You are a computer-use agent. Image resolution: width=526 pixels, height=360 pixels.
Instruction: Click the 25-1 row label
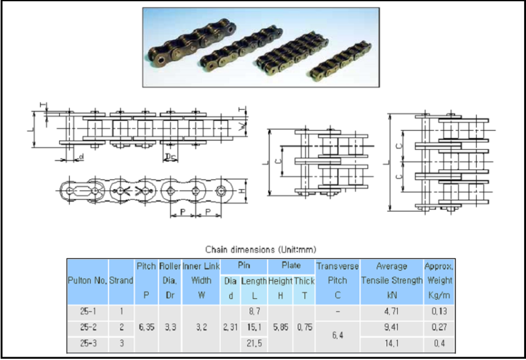pyautogui.click(x=87, y=309)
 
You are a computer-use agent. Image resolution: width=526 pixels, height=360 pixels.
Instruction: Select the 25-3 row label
pyautogui.click(x=87, y=344)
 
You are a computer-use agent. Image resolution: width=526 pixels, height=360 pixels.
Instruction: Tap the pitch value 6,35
pyautogui.click(x=145, y=326)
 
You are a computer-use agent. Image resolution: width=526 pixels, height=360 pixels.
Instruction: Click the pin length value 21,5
pyautogui.click(x=254, y=344)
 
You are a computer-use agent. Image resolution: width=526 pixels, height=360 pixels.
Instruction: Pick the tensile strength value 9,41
pyautogui.click(x=391, y=326)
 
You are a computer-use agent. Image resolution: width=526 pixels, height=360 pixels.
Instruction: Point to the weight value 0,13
pyautogui.click(x=439, y=309)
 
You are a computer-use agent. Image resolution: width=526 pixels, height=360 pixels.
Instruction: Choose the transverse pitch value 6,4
pyautogui.click(x=337, y=335)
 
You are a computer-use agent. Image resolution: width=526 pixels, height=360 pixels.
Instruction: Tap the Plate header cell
pyautogui.click(x=291, y=266)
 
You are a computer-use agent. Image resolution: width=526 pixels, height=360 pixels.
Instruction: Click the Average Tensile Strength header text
pyautogui.click(x=391, y=273)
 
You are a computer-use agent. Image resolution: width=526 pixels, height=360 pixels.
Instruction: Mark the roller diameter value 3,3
pyautogui.click(x=170, y=326)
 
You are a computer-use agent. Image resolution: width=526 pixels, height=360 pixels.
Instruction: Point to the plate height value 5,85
pyautogui.click(x=280, y=326)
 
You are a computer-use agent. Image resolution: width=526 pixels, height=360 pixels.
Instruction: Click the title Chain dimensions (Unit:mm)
pyautogui.click(x=261, y=249)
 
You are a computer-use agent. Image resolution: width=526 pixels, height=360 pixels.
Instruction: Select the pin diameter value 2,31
pyautogui.click(x=229, y=326)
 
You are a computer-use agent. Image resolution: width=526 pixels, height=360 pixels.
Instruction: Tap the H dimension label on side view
pyautogui.click(x=242, y=191)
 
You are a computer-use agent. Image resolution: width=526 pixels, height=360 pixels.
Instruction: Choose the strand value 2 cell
pyautogui.click(x=121, y=326)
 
